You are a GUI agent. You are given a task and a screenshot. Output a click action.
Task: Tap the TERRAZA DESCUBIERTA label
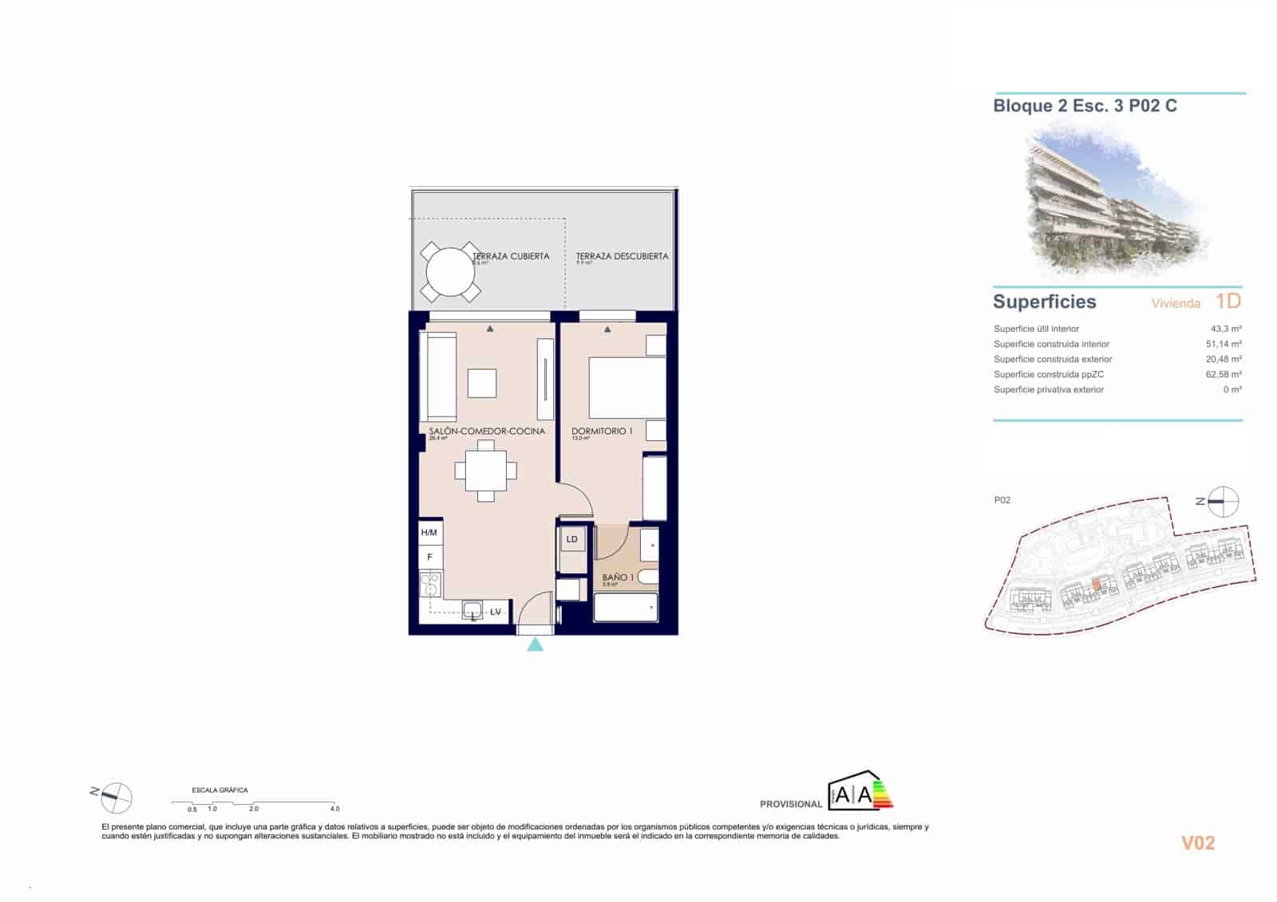622,256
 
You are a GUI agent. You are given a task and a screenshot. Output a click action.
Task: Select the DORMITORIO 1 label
602,431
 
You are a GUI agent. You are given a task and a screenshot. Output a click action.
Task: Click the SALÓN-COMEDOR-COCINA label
487,431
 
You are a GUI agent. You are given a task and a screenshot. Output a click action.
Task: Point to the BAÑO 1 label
618,577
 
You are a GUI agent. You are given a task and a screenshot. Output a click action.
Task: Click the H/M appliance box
429,533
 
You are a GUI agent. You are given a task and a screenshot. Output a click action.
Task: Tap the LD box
572,540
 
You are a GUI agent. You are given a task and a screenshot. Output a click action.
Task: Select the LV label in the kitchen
496,612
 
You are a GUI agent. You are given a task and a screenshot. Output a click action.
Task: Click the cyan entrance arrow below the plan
536,644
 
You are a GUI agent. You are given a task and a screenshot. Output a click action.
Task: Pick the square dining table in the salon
485,471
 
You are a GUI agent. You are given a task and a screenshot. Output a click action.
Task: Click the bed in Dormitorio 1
627,388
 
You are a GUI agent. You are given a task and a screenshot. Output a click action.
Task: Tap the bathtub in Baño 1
626,608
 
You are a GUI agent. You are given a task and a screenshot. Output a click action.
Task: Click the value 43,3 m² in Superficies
1225,329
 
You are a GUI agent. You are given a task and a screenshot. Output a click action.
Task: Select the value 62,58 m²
1223,374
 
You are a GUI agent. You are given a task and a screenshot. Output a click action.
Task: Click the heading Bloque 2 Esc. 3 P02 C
1085,106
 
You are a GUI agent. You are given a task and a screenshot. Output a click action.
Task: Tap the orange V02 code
1198,843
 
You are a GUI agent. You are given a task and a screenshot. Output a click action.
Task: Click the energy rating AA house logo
860,792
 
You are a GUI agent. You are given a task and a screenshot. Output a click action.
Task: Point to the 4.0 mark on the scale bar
334,808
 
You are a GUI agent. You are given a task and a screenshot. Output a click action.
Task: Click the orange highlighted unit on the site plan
1097,587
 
